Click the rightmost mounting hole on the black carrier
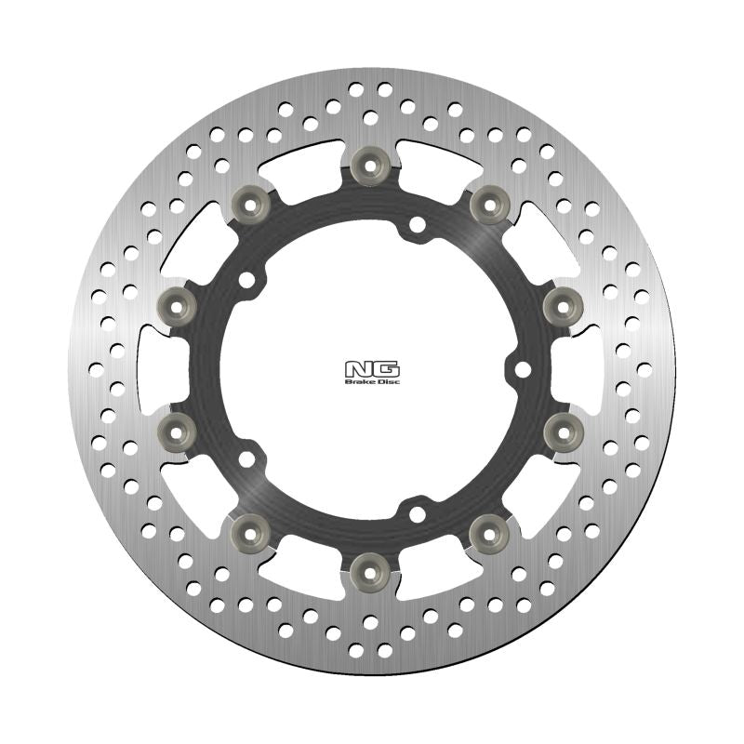[x=522, y=369]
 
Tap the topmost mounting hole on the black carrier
[x=417, y=223]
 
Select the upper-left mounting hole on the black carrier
[x=246, y=278]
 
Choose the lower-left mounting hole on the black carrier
[x=246, y=458]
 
